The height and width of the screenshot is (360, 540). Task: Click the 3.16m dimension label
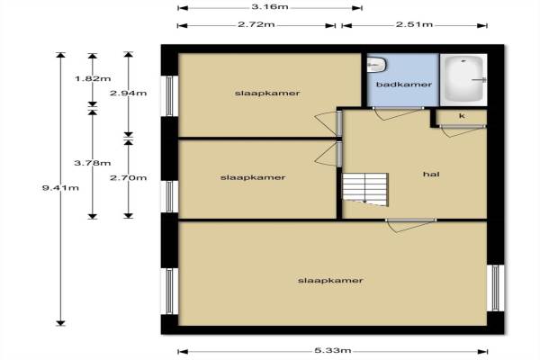click(x=270, y=7)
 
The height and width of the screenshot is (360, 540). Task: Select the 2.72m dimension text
click(x=256, y=25)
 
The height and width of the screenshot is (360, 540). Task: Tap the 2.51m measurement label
click(x=414, y=24)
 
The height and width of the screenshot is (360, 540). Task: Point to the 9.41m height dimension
click(x=60, y=188)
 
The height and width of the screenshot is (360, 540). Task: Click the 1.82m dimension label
click(x=93, y=78)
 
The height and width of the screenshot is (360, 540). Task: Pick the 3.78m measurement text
click(x=93, y=163)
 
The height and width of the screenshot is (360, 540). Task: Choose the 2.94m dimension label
click(x=128, y=93)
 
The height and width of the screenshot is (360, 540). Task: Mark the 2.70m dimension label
click(x=128, y=178)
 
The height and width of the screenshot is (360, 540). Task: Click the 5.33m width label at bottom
click(x=333, y=351)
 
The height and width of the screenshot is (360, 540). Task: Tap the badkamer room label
click(x=403, y=85)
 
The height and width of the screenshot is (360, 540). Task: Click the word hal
click(x=431, y=175)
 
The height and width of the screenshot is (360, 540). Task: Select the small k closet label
click(x=462, y=116)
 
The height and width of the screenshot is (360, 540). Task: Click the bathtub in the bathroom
click(x=463, y=80)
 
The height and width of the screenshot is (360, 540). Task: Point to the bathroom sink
click(x=377, y=65)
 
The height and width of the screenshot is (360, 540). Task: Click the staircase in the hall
click(x=365, y=190)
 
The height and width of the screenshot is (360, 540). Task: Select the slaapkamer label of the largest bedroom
click(x=330, y=281)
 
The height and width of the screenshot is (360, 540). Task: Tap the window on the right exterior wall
click(x=495, y=288)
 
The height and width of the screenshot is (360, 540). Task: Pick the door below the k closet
click(x=462, y=130)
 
